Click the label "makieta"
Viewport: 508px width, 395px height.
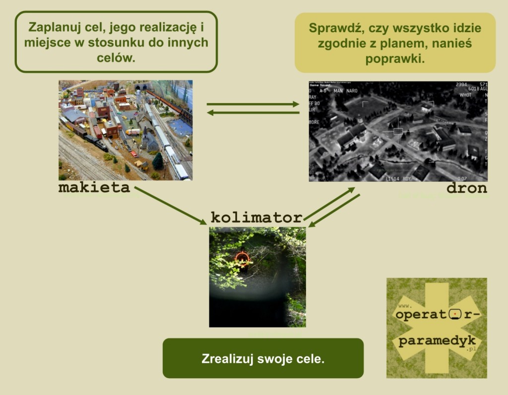tap(94, 188)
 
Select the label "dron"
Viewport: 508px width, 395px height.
tap(466, 188)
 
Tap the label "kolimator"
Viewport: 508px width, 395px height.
tap(256, 217)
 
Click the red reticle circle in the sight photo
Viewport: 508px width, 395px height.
tap(242, 258)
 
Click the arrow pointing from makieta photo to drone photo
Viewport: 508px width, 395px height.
tap(253, 104)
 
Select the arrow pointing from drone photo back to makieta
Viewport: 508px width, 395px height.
tap(253, 113)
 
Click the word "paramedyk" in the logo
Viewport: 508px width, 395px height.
tap(437, 341)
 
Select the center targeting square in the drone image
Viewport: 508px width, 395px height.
tap(398, 131)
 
